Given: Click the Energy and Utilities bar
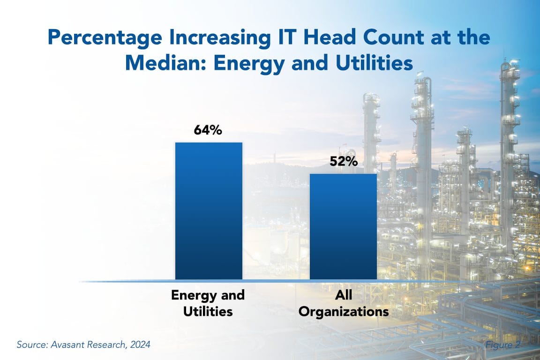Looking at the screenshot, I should tap(209, 211).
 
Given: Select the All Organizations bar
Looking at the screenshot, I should tap(343, 227).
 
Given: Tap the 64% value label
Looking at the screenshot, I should tap(208, 130).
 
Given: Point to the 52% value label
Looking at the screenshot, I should tap(343, 162).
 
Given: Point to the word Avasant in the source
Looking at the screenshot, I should tap(66, 345).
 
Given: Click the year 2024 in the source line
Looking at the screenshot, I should tap(140, 345).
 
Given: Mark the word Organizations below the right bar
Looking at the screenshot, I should tap(344, 311).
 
